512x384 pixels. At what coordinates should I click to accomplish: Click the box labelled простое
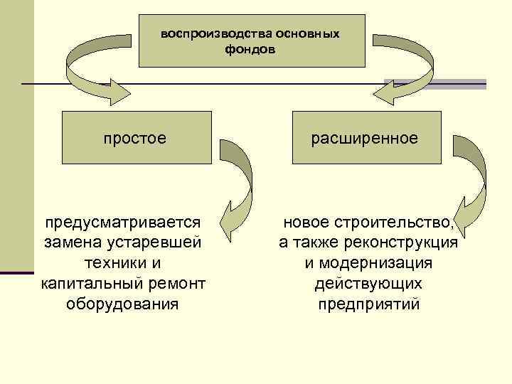click(136, 137)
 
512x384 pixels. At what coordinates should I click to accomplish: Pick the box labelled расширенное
click(365, 137)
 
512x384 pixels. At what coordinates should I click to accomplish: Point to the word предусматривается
click(122, 223)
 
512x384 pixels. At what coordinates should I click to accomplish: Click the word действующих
click(368, 284)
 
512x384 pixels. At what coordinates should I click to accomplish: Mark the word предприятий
click(368, 305)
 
